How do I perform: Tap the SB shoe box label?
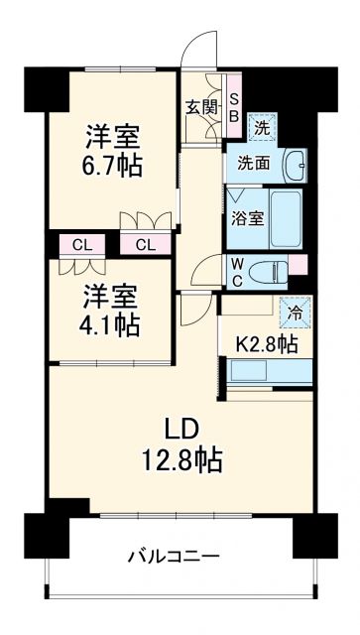234,106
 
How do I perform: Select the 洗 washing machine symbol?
262,126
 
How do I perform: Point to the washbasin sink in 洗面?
293,164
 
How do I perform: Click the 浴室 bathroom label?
249,217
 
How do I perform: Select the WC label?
238,271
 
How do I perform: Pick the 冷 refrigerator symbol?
296,311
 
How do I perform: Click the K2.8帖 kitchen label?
266,344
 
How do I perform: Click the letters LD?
181,429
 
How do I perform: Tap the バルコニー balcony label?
173,558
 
